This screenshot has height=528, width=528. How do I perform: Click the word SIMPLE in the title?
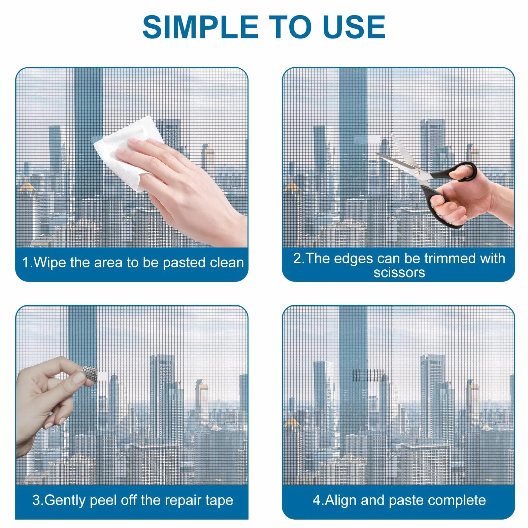tap(200, 27)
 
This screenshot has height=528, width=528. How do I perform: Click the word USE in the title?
tap(354, 27)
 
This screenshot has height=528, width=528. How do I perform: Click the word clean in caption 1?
tap(226, 262)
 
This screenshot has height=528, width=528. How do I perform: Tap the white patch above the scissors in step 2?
tap(374, 139)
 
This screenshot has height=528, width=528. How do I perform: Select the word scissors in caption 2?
tap(399, 272)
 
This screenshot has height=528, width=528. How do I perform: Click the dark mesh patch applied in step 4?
tap(368, 375)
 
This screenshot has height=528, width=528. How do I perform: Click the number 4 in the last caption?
tap(317, 500)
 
